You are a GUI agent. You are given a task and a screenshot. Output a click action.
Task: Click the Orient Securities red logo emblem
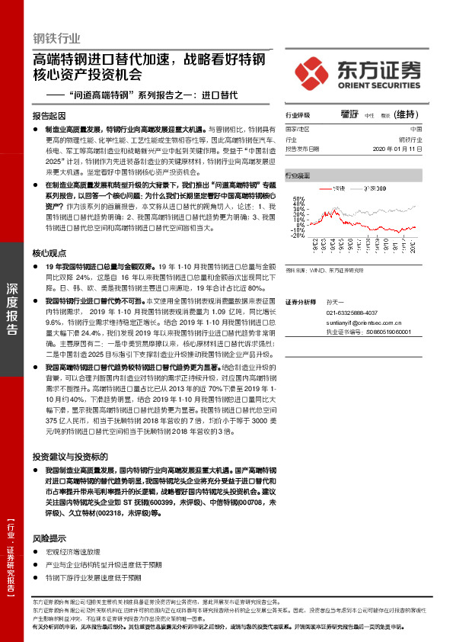(x=311, y=69)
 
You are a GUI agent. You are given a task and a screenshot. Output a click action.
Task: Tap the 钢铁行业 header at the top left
(x=56, y=38)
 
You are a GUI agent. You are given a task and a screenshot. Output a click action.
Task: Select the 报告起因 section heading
(x=49, y=115)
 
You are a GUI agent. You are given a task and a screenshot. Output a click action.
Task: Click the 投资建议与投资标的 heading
(x=65, y=456)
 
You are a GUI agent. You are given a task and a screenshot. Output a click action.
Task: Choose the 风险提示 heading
(x=49, y=537)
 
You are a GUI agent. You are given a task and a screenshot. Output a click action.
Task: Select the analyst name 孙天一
(x=336, y=303)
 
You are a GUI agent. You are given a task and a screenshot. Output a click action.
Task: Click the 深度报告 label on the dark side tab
(x=13, y=309)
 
